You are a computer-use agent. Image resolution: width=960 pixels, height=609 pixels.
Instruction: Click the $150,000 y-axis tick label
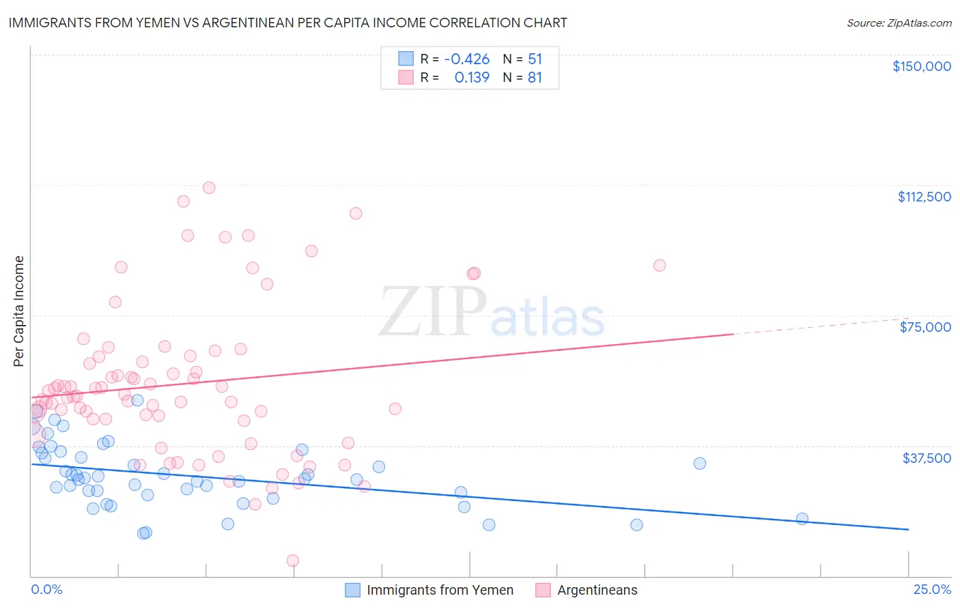(921, 66)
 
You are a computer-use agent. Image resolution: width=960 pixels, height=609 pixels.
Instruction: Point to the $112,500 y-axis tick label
(924, 197)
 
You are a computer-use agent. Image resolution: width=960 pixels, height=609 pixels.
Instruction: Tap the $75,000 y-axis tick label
(925, 327)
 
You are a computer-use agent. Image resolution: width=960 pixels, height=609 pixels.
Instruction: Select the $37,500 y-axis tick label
(927, 458)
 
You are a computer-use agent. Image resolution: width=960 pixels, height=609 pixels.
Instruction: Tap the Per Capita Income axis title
(19, 311)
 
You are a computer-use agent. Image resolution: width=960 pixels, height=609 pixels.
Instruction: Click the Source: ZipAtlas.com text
(899, 23)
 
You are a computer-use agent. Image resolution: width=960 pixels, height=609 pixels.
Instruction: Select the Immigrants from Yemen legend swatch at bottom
(352, 590)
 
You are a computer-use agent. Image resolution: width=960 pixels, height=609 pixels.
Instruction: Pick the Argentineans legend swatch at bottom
(543, 590)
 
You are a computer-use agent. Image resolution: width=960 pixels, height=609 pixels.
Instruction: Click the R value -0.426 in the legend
(466, 59)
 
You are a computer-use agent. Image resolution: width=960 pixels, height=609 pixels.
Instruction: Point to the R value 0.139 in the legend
(472, 78)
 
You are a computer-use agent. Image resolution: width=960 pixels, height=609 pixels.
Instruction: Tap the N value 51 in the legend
(535, 59)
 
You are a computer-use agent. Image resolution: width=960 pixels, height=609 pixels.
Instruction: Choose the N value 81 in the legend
(535, 78)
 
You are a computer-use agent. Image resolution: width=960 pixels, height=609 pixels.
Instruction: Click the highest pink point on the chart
(209, 188)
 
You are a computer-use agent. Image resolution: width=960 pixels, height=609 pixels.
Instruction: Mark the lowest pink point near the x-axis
(293, 561)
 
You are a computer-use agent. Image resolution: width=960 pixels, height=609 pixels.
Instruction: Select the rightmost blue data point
(802, 519)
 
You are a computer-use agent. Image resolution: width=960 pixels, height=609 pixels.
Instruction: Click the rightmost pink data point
(660, 266)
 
